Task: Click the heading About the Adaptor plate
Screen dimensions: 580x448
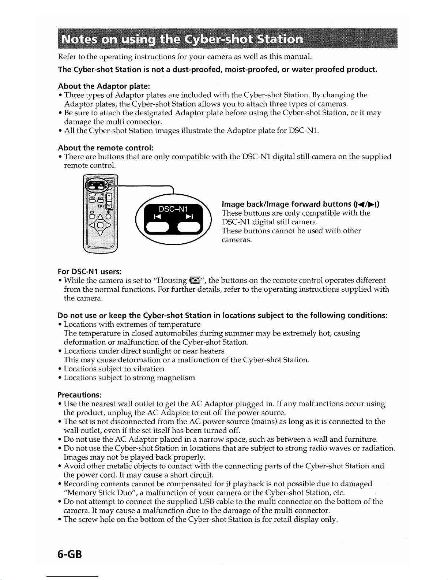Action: point(104,86)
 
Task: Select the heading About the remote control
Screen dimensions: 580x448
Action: point(105,148)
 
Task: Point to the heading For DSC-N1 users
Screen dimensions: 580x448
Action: point(90,272)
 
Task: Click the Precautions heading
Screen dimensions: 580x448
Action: point(79,395)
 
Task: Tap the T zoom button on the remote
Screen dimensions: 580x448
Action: point(109,197)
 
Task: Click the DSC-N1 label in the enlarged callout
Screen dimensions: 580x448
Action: point(173,209)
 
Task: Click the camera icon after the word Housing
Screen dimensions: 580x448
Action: point(194,281)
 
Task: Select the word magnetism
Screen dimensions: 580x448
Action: point(176,378)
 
